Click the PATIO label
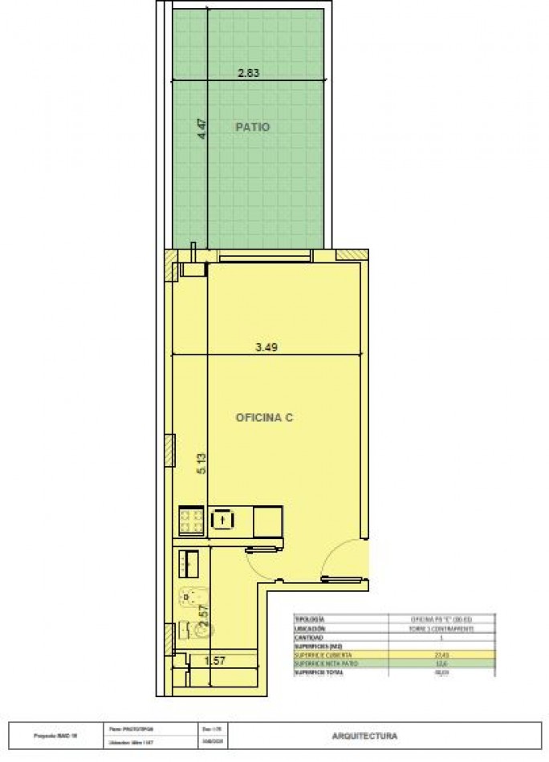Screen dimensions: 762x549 (x=252, y=127)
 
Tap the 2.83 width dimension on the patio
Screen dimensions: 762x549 (x=249, y=72)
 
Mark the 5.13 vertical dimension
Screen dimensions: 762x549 (x=202, y=464)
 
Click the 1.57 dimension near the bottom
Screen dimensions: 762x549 (x=214, y=660)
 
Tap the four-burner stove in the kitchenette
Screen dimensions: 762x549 (x=191, y=520)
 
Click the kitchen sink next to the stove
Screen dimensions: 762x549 (x=222, y=521)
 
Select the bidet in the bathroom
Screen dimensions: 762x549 (x=190, y=630)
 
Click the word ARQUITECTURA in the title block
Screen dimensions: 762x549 (x=364, y=735)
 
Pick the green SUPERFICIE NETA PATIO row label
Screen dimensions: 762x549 (x=321, y=663)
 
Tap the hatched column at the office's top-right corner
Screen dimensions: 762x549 (x=352, y=255)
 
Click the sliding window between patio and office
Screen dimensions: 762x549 (x=265, y=257)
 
